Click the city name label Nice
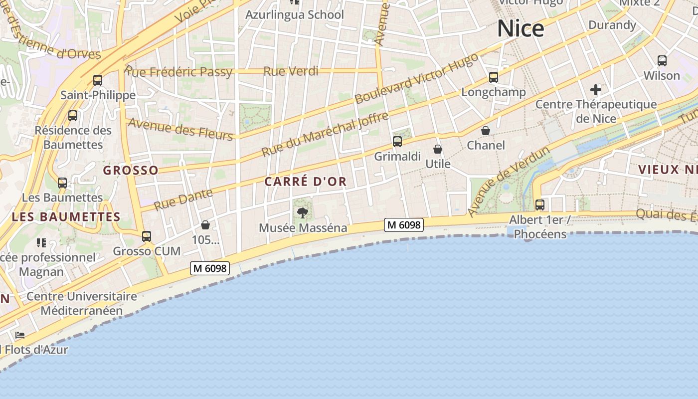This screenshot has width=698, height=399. click(x=521, y=28)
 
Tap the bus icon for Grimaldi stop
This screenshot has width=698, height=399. click(x=397, y=142)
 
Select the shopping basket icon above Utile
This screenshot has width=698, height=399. click(x=438, y=149)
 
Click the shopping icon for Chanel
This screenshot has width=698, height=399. click(x=486, y=131)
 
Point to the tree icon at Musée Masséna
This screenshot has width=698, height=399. click(x=302, y=213)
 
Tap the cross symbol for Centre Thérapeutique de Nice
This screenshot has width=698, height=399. click(x=595, y=90)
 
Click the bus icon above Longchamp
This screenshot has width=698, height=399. click(x=494, y=77)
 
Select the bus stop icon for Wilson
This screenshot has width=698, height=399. click(x=662, y=61)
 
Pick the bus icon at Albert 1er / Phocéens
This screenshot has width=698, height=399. click(x=540, y=205)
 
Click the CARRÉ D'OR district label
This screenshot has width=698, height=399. click(x=305, y=182)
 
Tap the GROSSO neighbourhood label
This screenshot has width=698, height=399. click(x=131, y=171)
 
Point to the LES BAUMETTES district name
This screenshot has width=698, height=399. click(x=66, y=217)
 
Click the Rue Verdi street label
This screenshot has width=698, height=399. click(x=291, y=71)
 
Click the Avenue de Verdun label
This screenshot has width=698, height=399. click(x=508, y=182)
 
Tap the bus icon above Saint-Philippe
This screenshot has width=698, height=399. click(x=98, y=80)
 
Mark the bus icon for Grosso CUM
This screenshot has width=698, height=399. click(x=147, y=236)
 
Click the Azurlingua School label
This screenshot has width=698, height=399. click(x=295, y=15)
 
